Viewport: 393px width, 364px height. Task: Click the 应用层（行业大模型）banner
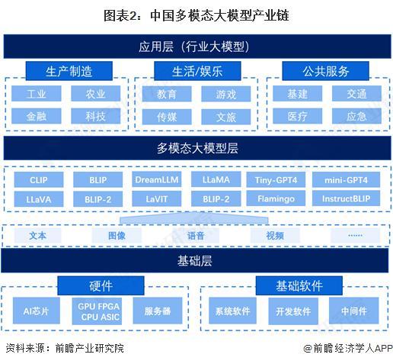click(196, 47)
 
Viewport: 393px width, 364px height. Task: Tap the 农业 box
click(95, 94)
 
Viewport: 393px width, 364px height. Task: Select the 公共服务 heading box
click(326, 71)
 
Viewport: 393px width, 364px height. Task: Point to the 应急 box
click(356, 117)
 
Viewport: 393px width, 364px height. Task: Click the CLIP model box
click(38, 180)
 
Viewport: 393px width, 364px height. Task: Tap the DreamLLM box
click(155, 180)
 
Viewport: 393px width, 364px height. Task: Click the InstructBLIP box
click(346, 198)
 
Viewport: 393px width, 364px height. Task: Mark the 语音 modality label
click(196, 236)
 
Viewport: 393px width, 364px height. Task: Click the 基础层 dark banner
click(196, 262)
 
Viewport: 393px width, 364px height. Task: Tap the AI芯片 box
click(36, 311)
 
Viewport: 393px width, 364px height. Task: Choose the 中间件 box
click(353, 311)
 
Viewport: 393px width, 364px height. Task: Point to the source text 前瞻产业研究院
click(89, 348)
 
